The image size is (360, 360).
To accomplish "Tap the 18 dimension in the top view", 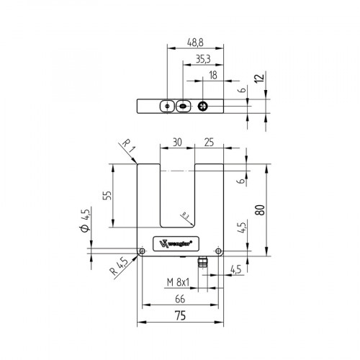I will (x=213, y=75).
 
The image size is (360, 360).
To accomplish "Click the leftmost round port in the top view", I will (x=166, y=107).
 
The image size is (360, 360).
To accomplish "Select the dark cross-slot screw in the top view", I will (x=204, y=107).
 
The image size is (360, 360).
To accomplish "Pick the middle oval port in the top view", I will (x=183, y=107).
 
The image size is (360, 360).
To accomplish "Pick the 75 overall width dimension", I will (x=179, y=315).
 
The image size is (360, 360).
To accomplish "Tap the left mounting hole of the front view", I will (x=144, y=251).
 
